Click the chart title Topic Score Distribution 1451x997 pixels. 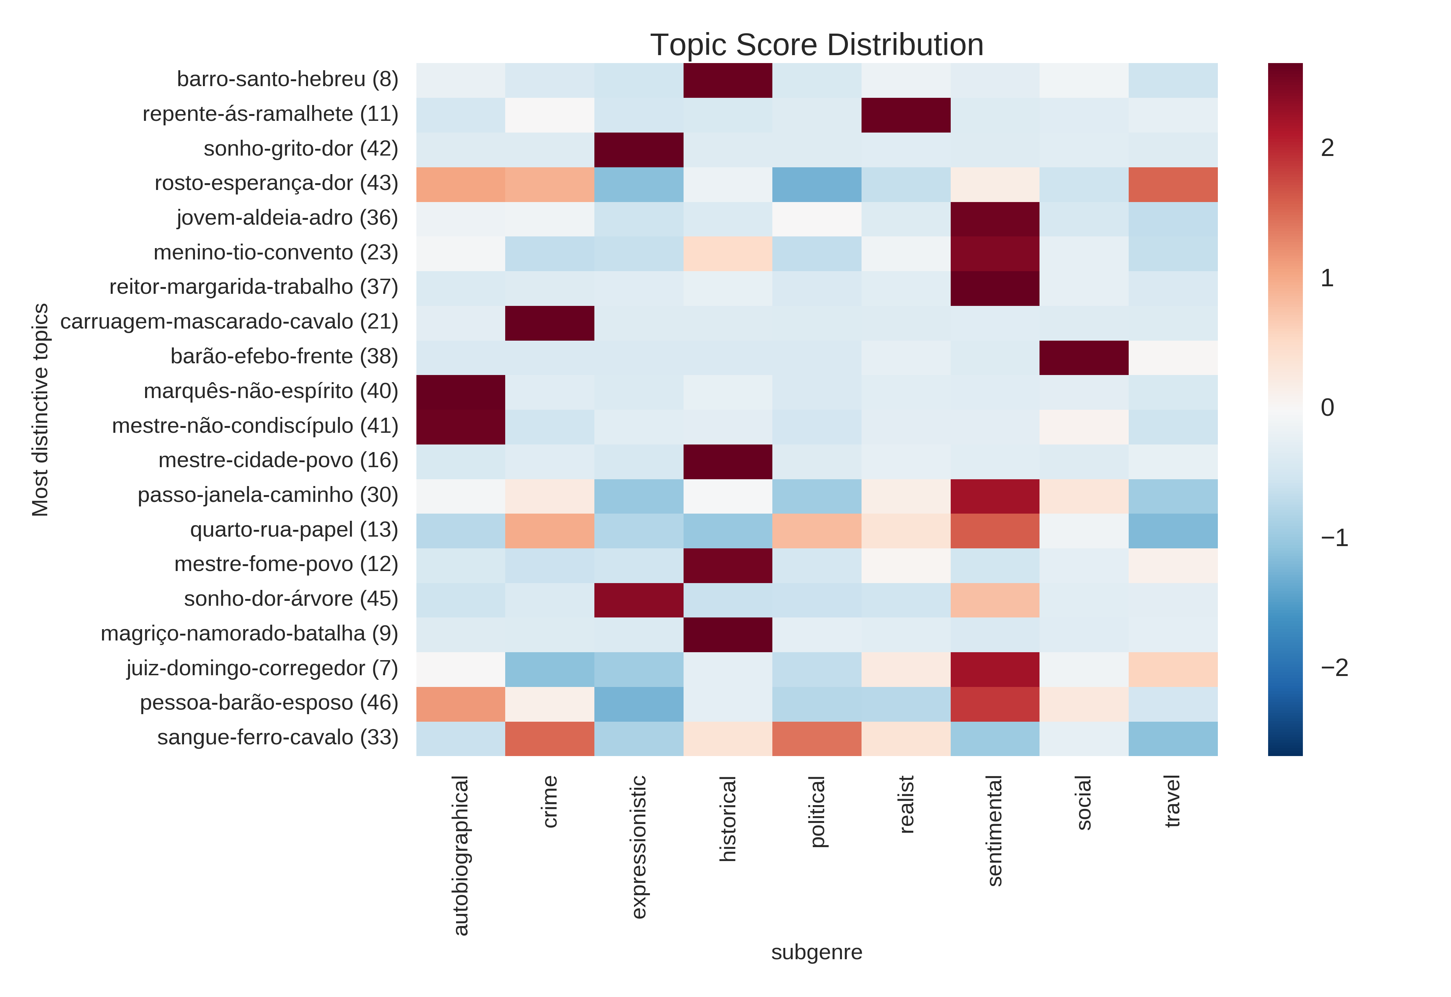(816, 45)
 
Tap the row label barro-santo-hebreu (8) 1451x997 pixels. (288, 79)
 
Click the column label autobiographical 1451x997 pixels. (461, 855)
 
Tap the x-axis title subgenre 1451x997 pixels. (816, 952)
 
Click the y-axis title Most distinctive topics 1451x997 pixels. (40, 410)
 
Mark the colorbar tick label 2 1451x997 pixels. (1327, 148)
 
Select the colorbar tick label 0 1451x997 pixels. (1327, 408)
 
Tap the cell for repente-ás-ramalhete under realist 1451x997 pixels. (905, 115)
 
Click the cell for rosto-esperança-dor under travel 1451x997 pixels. (1173, 184)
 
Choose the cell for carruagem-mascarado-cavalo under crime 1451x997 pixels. (549, 323)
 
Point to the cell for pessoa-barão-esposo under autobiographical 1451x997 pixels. (461, 704)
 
